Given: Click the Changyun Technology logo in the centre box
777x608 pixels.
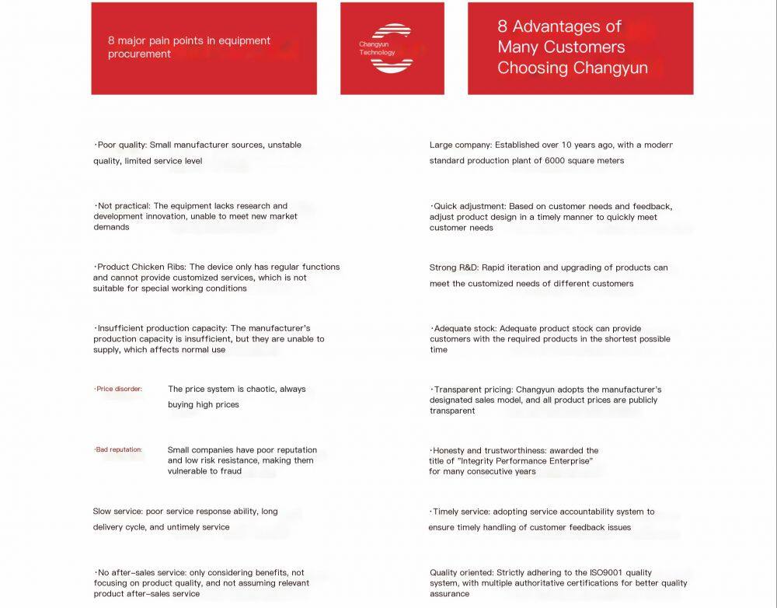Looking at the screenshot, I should point(392,48).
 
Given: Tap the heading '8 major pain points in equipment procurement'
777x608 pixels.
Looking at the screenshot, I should point(189,47).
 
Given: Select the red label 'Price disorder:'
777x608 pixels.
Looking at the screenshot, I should point(119,389).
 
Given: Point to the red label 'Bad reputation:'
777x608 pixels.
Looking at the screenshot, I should point(119,449).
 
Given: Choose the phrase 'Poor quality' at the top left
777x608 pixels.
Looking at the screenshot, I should point(121,145).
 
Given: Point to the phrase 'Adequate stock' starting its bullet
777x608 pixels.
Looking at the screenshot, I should point(462,329).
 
